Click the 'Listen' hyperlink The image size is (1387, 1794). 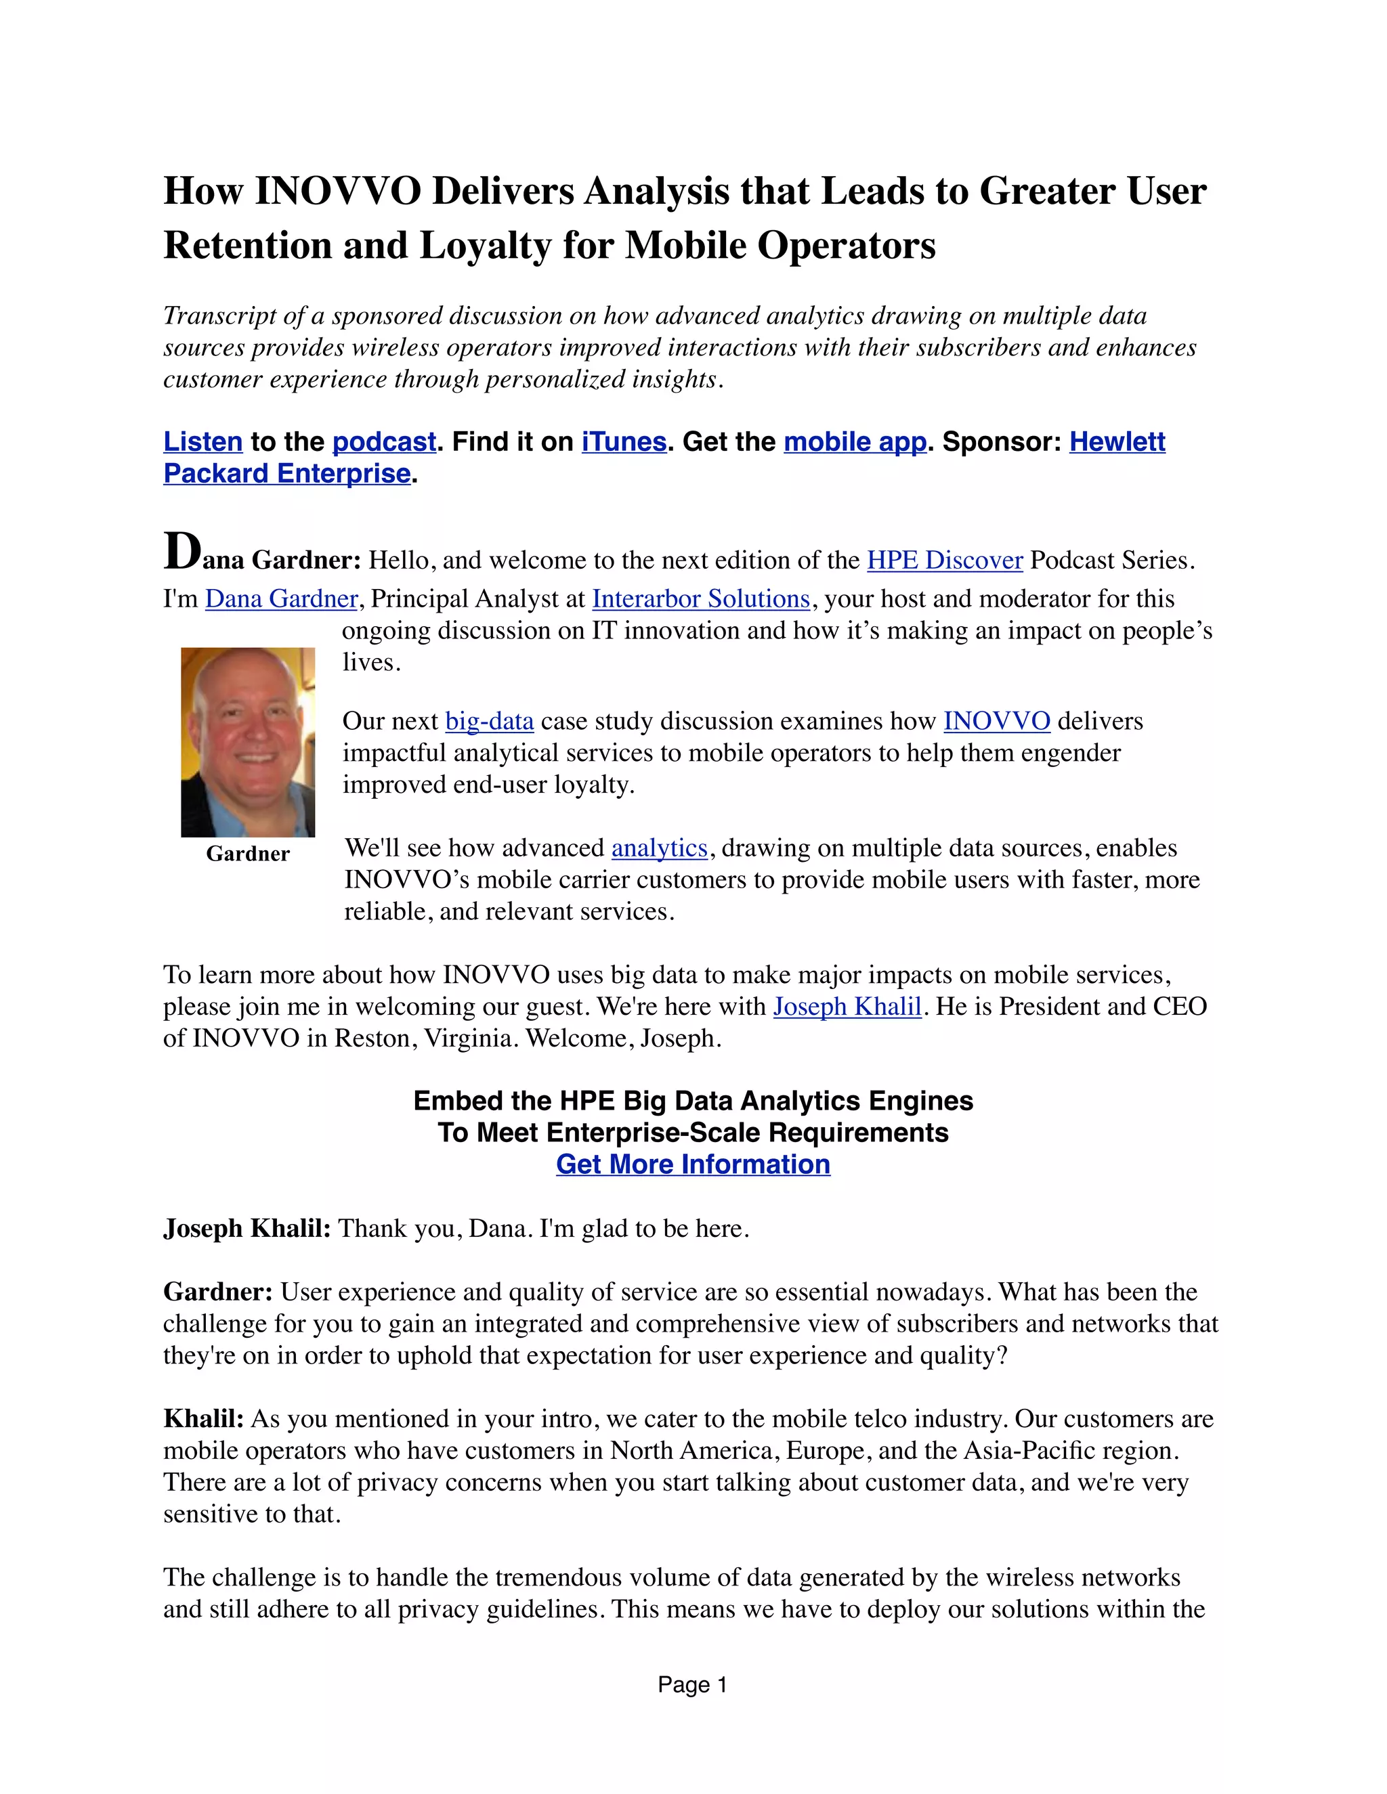point(203,442)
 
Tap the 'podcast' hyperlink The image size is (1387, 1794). point(384,442)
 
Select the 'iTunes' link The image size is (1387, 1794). point(624,442)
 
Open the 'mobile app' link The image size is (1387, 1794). point(855,442)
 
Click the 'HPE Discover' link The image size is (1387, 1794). point(945,561)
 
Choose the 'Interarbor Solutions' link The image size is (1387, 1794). point(701,599)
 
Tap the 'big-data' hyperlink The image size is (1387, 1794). point(489,721)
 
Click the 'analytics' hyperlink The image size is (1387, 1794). point(659,848)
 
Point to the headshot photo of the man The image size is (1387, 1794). point(247,742)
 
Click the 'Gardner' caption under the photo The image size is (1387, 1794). point(247,854)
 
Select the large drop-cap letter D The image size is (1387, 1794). point(182,552)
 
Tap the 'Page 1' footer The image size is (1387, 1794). point(693,1685)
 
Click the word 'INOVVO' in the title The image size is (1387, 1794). point(339,192)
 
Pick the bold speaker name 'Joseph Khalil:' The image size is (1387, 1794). point(247,1228)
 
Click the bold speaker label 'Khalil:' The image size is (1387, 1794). point(203,1418)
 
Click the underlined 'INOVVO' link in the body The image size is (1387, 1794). point(997,721)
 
